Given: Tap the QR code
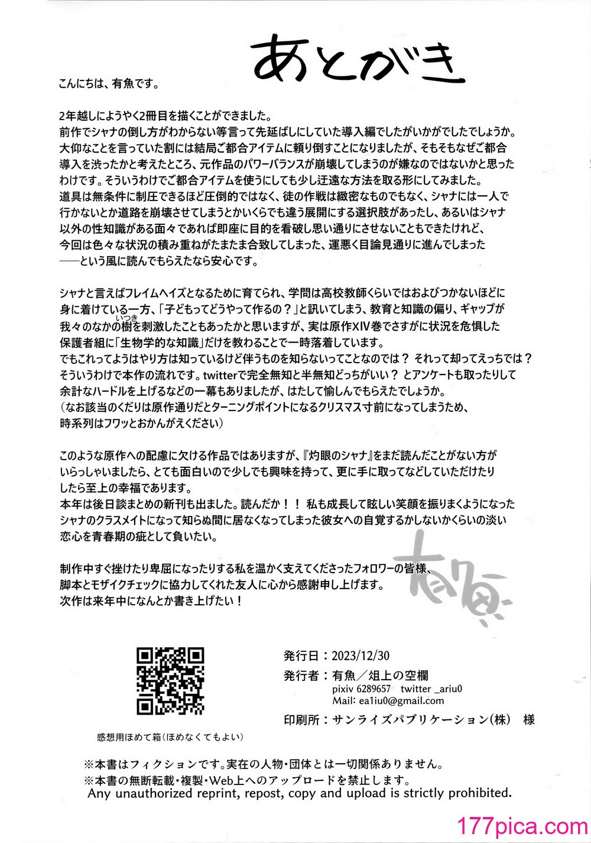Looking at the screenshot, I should [170, 680].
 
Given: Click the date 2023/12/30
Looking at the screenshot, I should [361, 656].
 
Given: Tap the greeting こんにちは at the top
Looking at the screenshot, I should [80, 83].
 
